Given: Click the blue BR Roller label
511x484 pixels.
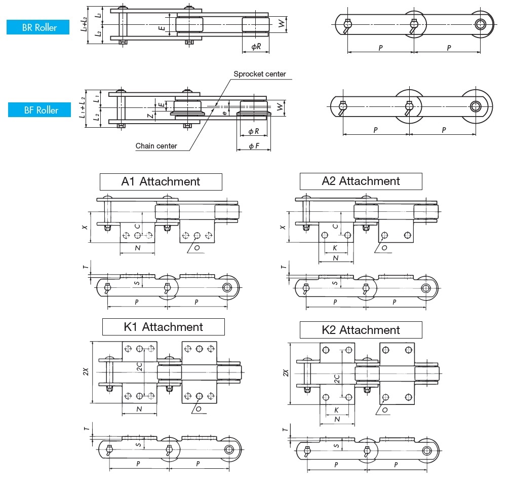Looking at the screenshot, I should pos(38,27).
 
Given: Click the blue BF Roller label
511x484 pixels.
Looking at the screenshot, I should pos(40,110).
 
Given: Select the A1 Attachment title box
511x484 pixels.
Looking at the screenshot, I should pos(161,181).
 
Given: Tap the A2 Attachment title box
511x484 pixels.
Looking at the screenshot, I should pos(361,181).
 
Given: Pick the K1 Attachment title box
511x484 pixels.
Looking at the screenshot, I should pos(163,327).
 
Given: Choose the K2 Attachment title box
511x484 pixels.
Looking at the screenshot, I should pos(361,330).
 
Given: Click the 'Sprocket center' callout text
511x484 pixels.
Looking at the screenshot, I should pos(259,74).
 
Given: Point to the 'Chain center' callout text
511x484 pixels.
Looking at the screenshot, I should pos(156,146).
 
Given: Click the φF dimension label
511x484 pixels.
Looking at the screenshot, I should pos(254,146).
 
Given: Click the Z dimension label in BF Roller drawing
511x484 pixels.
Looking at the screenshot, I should pos(150,116).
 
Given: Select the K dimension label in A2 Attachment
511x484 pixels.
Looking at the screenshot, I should pos(335,248).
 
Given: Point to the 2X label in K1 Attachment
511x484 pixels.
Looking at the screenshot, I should pos(86,373).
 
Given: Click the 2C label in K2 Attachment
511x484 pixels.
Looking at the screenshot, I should pos(336,378).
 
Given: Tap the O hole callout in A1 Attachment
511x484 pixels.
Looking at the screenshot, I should pos(198,247).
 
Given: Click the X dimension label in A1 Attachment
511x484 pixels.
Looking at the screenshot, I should pos(86,227).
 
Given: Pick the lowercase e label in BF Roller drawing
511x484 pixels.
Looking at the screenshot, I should pos(225,113).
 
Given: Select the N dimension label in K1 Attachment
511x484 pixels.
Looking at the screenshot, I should pos(138,408).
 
